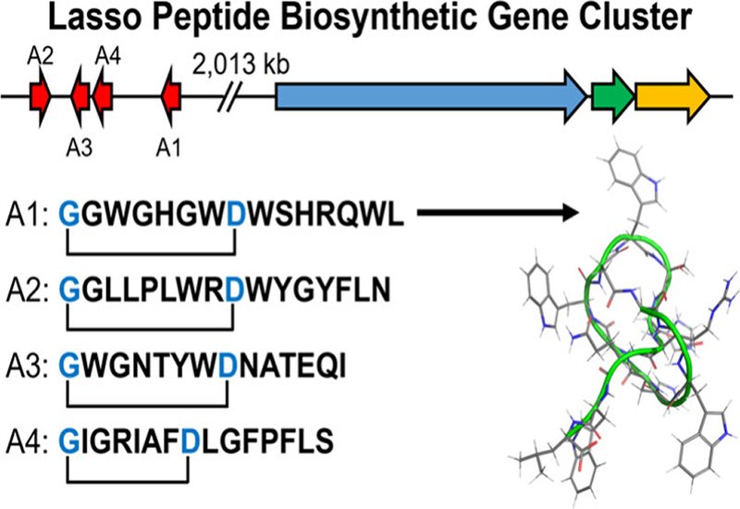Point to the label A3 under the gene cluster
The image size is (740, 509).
pos(80,144)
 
